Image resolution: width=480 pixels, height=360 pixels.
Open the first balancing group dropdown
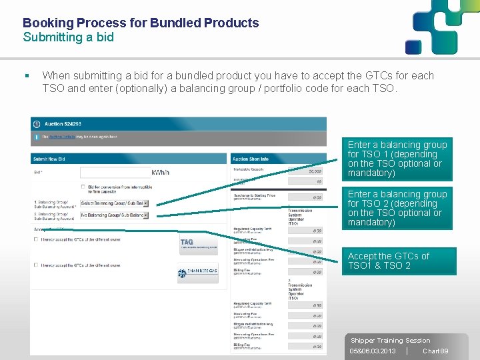pyautogui.click(x=114, y=203)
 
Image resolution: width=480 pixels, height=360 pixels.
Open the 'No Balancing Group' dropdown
pyautogui.click(x=114, y=215)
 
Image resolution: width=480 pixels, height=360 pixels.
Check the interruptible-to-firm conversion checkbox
pyautogui.click(x=83, y=187)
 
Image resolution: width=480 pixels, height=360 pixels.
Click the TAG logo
pyautogui.click(x=198, y=244)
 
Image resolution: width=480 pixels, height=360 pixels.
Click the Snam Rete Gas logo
pyautogui.click(x=198, y=273)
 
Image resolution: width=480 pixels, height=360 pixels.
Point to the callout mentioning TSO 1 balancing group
pyautogui.click(x=397, y=159)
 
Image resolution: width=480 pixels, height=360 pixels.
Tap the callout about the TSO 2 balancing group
pyautogui.click(x=397, y=208)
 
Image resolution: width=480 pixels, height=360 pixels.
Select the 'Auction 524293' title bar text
pyautogui.click(x=63, y=124)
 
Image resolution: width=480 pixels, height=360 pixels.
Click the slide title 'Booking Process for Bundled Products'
pyautogui.click(x=141, y=23)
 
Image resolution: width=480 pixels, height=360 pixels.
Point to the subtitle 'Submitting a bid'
pyautogui.click(x=68, y=37)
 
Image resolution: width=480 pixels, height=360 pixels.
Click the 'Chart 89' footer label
pyautogui.click(x=435, y=351)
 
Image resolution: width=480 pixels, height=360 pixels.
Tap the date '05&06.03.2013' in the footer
pyautogui.click(x=373, y=351)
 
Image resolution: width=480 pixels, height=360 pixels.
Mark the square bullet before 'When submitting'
pyautogui.click(x=25, y=76)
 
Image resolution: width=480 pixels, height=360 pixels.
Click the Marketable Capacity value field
pyautogui.click(x=305, y=171)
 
